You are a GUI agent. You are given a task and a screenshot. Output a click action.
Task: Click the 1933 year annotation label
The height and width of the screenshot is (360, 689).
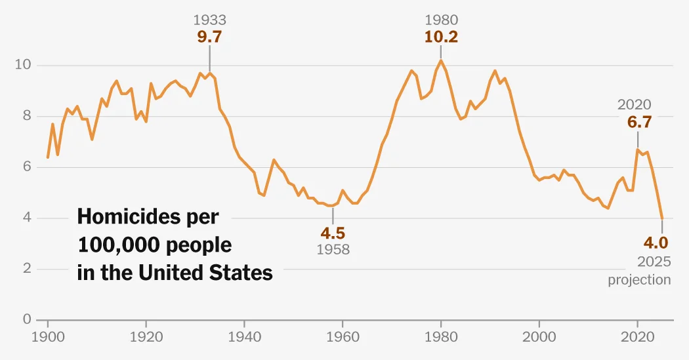tap(209, 20)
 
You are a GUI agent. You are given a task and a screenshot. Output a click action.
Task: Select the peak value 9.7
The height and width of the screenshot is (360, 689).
tap(209, 37)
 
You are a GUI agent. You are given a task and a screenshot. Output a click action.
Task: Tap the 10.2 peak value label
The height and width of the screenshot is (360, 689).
tap(441, 37)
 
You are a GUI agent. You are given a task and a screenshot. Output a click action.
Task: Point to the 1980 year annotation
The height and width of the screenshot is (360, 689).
tap(441, 20)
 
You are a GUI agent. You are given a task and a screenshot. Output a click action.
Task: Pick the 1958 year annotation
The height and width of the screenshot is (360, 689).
tap(333, 249)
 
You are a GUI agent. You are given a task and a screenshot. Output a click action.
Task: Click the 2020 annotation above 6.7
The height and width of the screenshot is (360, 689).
tap(634, 104)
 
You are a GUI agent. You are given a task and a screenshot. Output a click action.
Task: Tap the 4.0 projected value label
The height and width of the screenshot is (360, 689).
tap(656, 243)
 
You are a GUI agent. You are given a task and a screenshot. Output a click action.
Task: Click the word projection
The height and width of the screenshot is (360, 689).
tap(639, 280)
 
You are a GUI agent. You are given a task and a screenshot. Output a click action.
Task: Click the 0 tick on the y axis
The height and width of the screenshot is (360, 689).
tap(27, 319)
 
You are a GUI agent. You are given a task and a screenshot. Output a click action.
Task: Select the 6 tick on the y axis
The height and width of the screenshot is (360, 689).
tap(27, 167)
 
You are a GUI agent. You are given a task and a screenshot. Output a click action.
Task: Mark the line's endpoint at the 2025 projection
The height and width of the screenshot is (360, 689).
tap(662, 218)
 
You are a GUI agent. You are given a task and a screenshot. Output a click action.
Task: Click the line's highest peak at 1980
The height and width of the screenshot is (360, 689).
tap(441, 60)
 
